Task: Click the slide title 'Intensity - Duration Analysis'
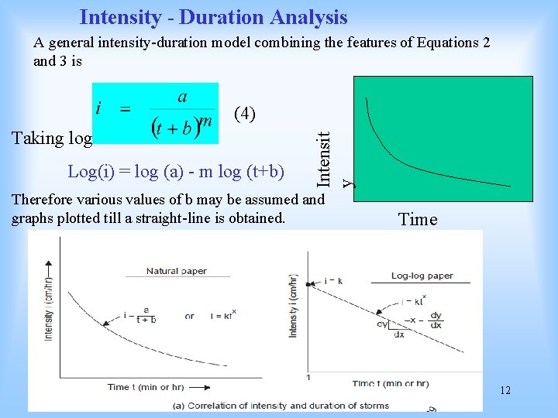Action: (x=213, y=16)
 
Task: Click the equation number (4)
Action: (x=245, y=114)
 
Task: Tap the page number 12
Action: (x=505, y=391)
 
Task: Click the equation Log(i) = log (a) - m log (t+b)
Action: (x=176, y=170)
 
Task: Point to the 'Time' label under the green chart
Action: (x=418, y=219)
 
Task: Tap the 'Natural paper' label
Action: (x=177, y=271)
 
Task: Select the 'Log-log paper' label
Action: (x=422, y=275)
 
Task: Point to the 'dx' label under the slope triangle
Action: (x=399, y=335)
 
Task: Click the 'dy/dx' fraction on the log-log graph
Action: (x=436, y=320)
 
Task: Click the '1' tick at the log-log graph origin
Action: (x=308, y=377)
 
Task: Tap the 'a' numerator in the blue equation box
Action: (x=182, y=97)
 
